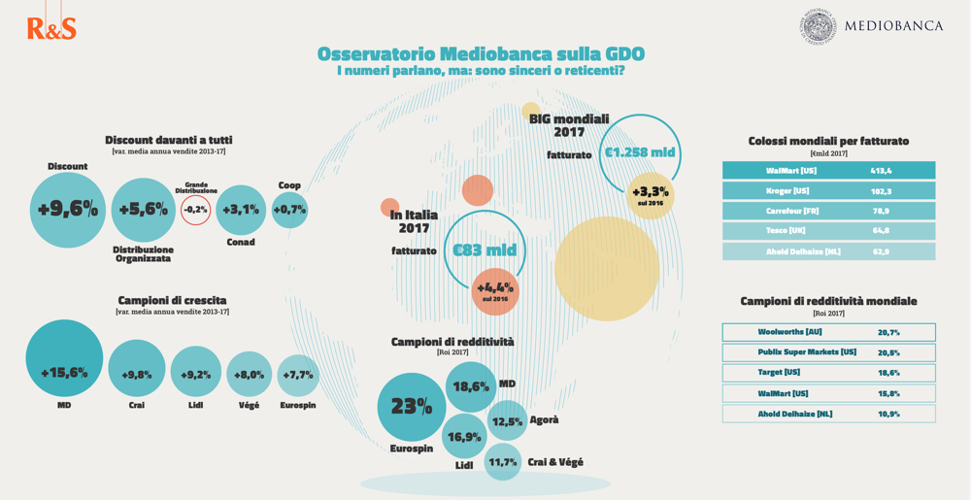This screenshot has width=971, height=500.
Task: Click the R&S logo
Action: [x=51, y=28]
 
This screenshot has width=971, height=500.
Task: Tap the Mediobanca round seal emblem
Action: [x=818, y=26]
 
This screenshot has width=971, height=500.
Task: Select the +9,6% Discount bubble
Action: [x=68, y=210]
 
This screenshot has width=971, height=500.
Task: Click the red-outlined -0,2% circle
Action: [x=195, y=210]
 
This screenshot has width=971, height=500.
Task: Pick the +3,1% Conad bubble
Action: [x=241, y=210]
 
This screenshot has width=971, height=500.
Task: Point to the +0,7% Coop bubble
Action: [x=289, y=210]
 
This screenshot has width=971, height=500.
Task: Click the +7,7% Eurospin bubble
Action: [x=298, y=375]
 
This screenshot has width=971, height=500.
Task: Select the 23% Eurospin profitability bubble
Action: [x=411, y=407]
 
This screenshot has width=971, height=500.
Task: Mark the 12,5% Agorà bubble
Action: [x=507, y=421]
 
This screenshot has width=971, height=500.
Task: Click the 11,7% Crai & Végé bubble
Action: [x=503, y=462]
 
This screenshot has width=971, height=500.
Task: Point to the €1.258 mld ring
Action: [x=640, y=152]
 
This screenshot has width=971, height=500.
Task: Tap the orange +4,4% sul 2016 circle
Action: [x=495, y=290]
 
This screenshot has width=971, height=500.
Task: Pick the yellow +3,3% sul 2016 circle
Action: [x=651, y=195]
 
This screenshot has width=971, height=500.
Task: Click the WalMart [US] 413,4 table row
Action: [x=828, y=171]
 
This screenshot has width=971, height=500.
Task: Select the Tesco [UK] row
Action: [x=828, y=231]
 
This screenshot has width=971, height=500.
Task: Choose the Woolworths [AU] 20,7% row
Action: [x=828, y=332]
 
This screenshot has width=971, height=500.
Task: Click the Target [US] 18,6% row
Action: [x=828, y=373]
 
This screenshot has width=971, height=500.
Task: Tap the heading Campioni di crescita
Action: [x=172, y=300]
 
